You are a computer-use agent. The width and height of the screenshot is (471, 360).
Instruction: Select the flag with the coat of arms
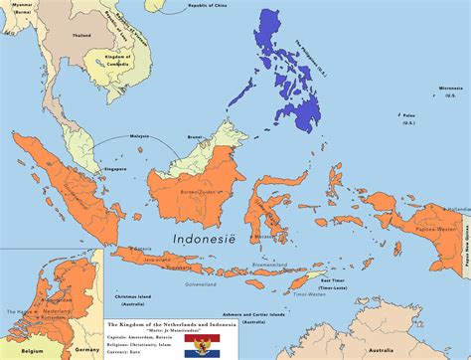pos(211,345)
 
